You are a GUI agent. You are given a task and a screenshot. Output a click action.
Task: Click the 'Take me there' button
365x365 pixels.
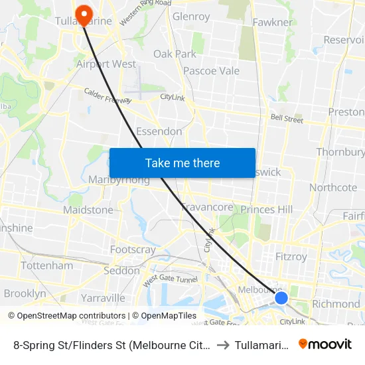click(183, 163)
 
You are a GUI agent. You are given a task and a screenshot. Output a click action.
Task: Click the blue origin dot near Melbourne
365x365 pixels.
click(281, 297)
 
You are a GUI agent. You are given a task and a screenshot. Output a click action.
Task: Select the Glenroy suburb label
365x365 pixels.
click(190, 17)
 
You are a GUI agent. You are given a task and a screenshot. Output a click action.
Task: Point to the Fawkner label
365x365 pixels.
click(272, 23)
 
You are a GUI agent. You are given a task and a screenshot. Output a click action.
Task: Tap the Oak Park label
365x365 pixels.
click(175, 54)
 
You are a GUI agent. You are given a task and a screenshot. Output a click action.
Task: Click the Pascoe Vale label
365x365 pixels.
click(211, 70)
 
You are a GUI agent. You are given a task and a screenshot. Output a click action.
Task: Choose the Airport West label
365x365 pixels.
click(106, 64)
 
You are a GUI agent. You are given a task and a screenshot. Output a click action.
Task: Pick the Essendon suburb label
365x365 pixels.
click(159, 131)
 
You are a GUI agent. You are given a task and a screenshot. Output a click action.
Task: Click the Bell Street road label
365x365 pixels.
click(287, 119)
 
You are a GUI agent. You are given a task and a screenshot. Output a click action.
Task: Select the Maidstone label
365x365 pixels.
click(88, 210)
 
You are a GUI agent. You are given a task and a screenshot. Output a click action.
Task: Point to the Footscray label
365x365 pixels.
click(133, 250)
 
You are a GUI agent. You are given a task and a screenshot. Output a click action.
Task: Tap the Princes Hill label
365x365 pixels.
click(266, 210)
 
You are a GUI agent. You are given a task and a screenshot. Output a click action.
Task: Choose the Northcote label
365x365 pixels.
click(333, 188)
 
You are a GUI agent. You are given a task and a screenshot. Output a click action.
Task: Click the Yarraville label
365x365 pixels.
click(103, 297)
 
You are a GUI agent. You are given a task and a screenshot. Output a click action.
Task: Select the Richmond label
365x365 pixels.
click(336, 304)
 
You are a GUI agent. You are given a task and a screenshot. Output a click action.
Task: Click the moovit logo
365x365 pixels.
click(325, 344)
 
